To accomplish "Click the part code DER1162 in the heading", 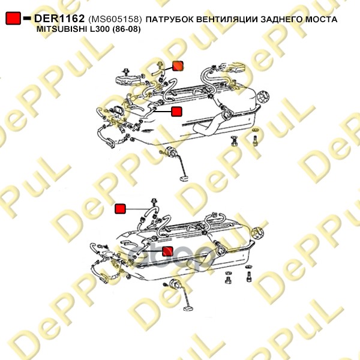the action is pos(59,19).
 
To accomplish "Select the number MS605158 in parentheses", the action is pos(114,19).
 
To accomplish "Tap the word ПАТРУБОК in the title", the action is pos(170,19).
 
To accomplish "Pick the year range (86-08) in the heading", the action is pos(126,29).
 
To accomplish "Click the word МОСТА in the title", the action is pos(321,19).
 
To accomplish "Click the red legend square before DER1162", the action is pos(13,19).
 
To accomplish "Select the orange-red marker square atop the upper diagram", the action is pos(178,66).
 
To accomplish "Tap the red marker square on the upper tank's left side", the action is pos(176,112).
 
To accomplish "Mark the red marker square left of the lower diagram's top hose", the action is pos(120,209).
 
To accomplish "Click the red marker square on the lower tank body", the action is pos(167,251).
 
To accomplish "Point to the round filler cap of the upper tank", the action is pos(263,98).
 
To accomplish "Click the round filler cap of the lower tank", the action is pos(257,233).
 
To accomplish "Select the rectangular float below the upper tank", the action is pos(184,178).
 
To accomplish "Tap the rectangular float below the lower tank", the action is pos(188,308).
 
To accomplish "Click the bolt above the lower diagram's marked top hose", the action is pos(154,202).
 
